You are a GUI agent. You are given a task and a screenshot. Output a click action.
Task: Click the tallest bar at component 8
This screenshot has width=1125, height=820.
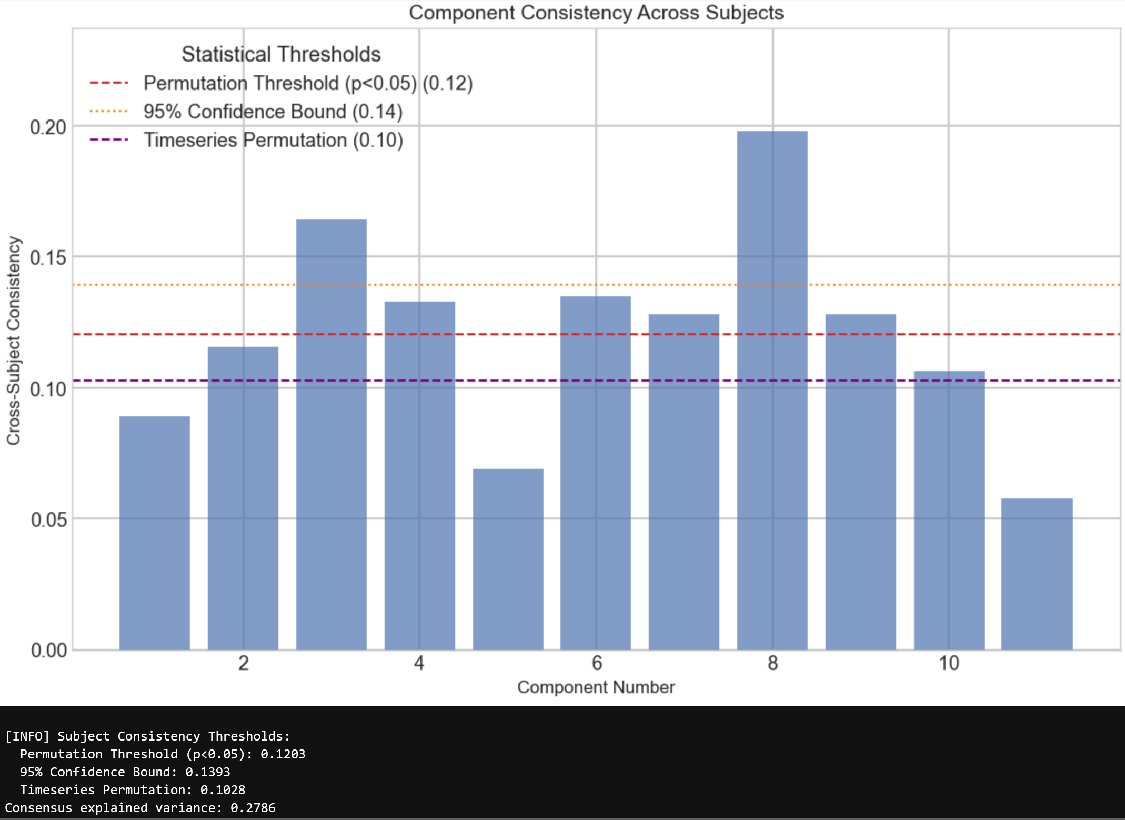tap(772, 389)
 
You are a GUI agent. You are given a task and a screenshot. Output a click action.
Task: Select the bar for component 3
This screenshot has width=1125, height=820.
tap(331, 434)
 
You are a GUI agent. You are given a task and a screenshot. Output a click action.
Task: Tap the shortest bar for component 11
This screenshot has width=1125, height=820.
tap(1037, 574)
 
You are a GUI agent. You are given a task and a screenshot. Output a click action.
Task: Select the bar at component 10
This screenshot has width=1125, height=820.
tap(949, 511)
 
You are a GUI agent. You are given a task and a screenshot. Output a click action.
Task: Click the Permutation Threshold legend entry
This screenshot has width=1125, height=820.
tap(308, 83)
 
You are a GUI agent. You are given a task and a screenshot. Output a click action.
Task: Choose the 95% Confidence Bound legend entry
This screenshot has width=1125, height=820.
tap(273, 112)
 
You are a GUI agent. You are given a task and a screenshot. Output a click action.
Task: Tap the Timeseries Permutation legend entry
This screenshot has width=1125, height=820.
tap(273, 140)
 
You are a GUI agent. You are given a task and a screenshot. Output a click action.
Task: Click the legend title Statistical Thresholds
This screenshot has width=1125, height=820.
tap(281, 54)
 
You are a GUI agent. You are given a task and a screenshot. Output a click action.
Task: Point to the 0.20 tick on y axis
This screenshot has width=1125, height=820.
tap(48, 127)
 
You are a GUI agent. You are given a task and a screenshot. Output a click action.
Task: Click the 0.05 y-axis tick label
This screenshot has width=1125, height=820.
tap(49, 520)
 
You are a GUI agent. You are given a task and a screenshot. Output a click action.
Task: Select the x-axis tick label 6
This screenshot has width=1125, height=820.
tap(596, 663)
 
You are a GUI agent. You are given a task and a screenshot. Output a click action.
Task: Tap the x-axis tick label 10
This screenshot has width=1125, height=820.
tap(949, 663)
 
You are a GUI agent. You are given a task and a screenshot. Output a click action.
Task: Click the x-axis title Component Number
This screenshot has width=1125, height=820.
tap(596, 687)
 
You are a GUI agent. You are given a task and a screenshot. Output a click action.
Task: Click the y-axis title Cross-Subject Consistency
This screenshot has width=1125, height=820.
tap(14, 341)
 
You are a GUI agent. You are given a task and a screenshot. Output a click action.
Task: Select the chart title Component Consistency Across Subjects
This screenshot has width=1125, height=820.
tap(596, 13)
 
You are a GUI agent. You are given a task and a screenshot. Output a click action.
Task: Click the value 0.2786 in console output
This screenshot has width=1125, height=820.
tap(253, 808)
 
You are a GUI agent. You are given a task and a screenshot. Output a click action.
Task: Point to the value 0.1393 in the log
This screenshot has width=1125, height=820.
tap(207, 772)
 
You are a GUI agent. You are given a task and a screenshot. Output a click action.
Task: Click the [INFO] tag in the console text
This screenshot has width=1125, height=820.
tap(27, 736)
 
